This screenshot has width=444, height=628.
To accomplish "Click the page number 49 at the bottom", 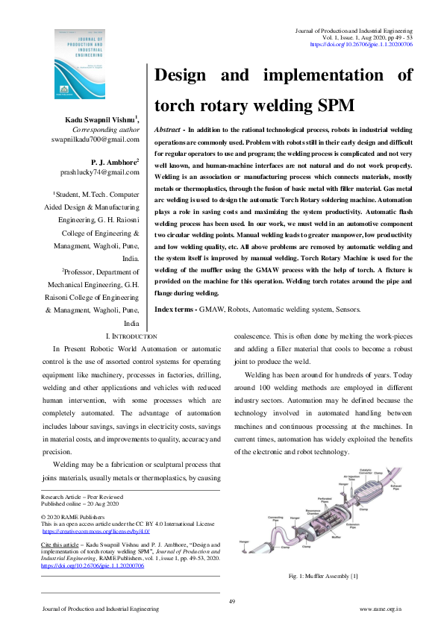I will (232, 601).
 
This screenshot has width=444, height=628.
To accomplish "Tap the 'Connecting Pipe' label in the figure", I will (275, 518).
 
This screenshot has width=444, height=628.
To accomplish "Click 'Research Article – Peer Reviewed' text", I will (82, 495).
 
